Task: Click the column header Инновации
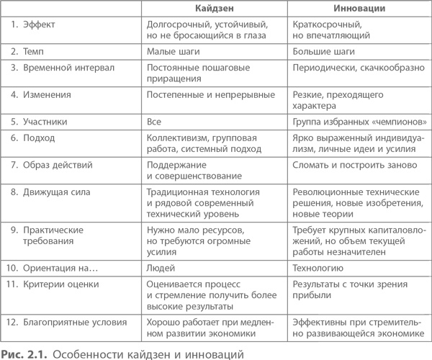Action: (x=359, y=8)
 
